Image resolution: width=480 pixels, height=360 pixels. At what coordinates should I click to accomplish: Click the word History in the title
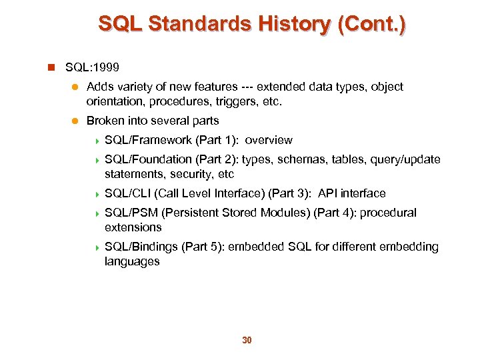[291, 24]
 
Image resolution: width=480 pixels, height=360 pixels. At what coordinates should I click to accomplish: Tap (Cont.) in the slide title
[372, 24]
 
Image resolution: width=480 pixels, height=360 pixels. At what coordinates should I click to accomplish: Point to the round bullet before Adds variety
[75, 87]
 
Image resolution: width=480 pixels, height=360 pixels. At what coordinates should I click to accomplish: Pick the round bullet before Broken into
[75, 121]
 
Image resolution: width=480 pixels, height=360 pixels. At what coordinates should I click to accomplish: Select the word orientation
[112, 102]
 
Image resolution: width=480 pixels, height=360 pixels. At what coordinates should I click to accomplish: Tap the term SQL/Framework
[148, 140]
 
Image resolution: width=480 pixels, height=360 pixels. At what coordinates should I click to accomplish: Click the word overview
[269, 140]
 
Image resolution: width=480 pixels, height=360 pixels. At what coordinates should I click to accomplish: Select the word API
[329, 193]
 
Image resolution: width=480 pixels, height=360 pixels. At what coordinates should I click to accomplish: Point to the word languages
[132, 261]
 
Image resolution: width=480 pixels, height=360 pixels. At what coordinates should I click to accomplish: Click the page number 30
[246, 341]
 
